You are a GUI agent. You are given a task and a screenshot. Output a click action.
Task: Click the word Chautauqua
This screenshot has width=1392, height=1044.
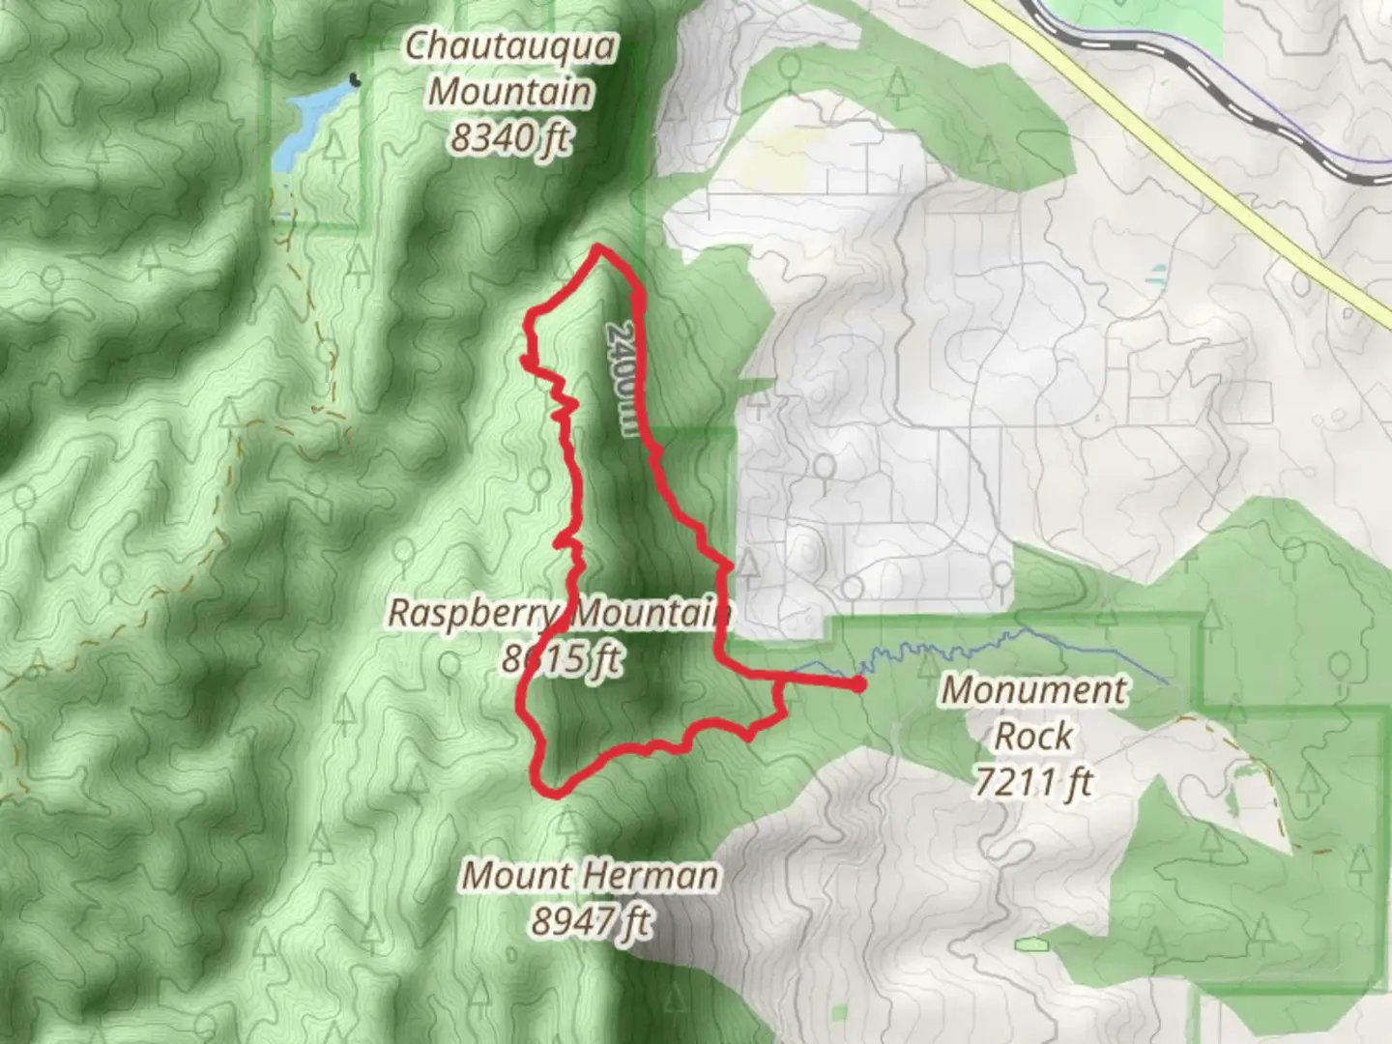click(510, 46)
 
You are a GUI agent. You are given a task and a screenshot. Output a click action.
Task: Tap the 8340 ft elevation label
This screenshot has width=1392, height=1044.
click(510, 138)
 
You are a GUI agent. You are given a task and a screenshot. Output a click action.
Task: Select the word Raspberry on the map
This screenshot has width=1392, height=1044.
click(472, 613)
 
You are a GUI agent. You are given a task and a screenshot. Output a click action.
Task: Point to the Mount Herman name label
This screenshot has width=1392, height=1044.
click(590, 876)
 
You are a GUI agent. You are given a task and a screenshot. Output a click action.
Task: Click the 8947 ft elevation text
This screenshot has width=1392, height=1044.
click(590, 921)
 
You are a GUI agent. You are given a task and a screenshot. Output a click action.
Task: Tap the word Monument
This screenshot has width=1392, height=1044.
click(1034, 690)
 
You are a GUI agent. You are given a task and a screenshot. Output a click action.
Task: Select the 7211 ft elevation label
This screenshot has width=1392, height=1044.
click(1032, 781)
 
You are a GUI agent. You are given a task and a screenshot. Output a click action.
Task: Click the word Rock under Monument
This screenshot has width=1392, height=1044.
click(1032, 737)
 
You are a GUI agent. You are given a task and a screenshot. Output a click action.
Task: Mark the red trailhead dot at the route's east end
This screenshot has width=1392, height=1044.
click(857, 685)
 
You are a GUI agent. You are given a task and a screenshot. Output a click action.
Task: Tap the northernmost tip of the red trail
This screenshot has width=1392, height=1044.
click(600, 248)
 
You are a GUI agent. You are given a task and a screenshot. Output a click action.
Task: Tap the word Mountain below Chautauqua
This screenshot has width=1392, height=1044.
click(510, 93)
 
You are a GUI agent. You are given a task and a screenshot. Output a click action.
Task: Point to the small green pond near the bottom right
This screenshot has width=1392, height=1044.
click(1030, 942)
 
